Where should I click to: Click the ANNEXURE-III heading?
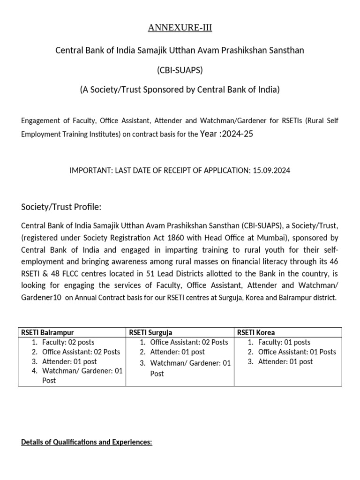(180, 28)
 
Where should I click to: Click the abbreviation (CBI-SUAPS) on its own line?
(180, 70)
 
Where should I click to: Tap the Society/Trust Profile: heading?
(61, 207)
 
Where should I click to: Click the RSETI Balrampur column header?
(48, 332)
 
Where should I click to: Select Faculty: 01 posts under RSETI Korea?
(284, 342)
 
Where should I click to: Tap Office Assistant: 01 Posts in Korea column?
(297, 352)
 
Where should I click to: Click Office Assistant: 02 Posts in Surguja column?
(189, 342)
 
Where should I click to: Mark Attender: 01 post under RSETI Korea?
(285, 361)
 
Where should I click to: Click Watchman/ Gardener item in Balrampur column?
(82, 371)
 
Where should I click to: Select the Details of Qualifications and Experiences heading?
(87, 442)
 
